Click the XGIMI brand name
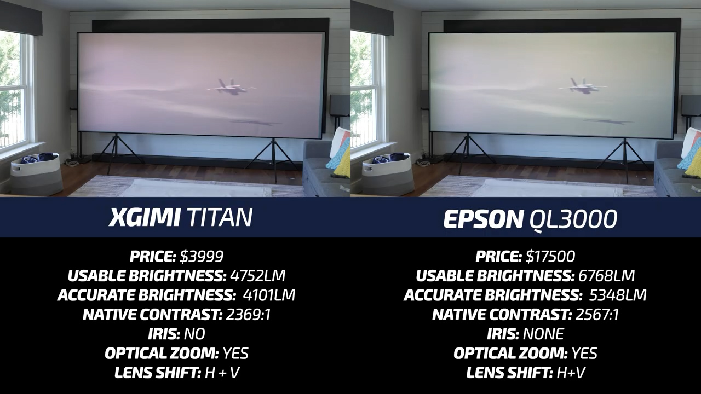point(144,218)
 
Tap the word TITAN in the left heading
point(220,218)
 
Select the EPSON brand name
point(484,219)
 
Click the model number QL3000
point(573,220)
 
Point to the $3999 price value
point(202,257)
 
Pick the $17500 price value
point(550,257)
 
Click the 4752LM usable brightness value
point(257,276)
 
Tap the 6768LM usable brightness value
point(606,276)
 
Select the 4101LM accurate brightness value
point(269,295)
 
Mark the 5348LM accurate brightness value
point(618,295)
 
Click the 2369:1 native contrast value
point(248,315)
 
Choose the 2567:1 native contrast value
point(597,315)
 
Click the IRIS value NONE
point(543,334)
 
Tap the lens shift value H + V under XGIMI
point(222,373)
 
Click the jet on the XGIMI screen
point(231,87)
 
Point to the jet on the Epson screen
point(582,86)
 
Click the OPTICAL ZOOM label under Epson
point(510,354)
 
